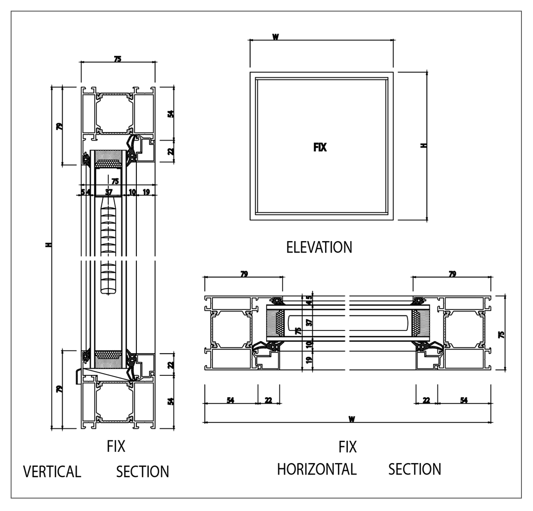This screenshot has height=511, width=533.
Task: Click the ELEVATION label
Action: pos(319,247)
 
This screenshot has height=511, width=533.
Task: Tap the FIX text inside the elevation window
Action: pos(320,148)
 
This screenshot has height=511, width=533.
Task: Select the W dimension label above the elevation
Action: pos(275,37)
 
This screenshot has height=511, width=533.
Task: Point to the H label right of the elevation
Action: pos(423,145)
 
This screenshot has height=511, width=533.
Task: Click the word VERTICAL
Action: pos(52,471)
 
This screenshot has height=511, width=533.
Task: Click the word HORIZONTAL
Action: pos(317,469)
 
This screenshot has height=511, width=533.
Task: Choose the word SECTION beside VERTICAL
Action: pos(143,471)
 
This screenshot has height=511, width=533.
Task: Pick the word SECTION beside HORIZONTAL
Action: pos(415,469)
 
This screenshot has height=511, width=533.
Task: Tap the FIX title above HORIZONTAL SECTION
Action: pos(348,447)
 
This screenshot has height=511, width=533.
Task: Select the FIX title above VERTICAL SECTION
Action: pos(116,446)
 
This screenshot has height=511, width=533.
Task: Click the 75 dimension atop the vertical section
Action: pos(117,59)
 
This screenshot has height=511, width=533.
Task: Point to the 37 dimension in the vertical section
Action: pos(109,192)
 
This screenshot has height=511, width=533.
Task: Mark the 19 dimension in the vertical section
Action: pos(146,192)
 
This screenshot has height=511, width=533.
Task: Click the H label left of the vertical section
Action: pos(48,245)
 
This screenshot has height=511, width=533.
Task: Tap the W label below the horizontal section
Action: pos(352,419)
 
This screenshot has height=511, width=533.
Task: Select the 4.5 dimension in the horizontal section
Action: pos(309,301)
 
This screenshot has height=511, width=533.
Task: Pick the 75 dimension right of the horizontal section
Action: pos(502,334)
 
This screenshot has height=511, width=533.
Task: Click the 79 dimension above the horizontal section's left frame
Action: pos(244,274)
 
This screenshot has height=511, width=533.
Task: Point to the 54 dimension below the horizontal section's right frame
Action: pos(464,400)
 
